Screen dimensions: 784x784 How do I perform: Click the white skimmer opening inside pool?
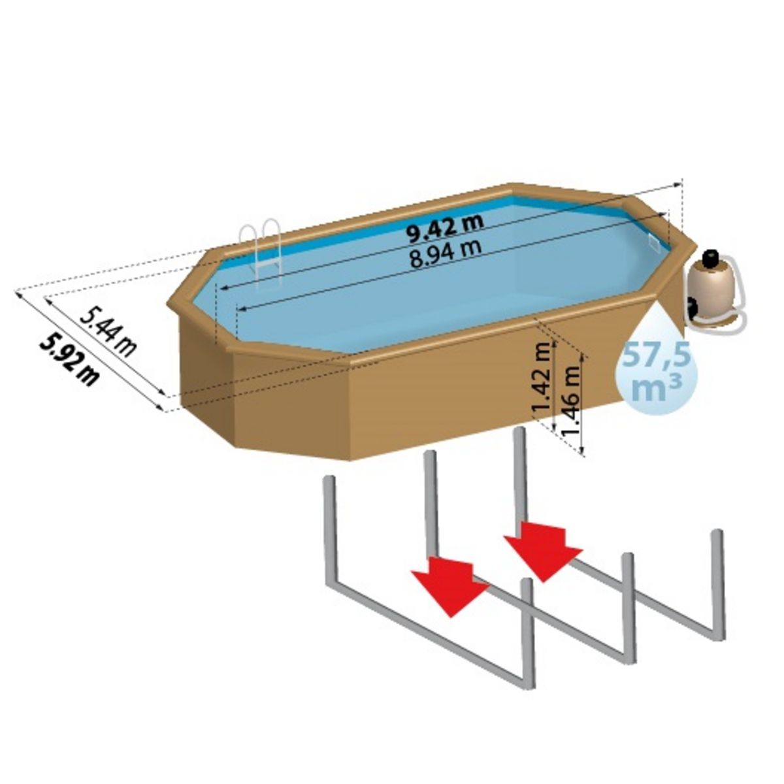[653, 240]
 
